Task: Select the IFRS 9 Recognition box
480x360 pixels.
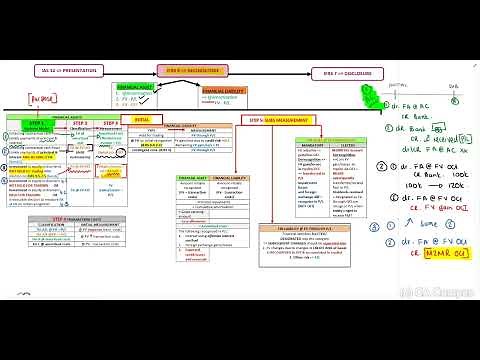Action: coord(194,71)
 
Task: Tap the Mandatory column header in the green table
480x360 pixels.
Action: coord(280,140)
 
